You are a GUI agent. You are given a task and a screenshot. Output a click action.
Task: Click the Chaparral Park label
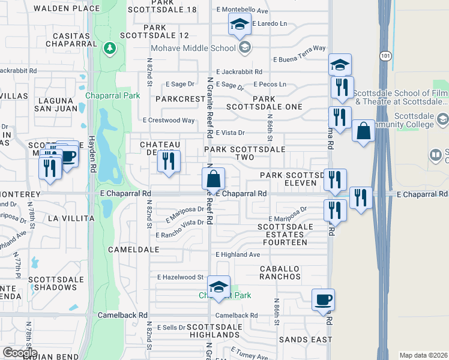[x=113, y=95]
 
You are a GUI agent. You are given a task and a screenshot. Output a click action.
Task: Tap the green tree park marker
[x=109, y=47]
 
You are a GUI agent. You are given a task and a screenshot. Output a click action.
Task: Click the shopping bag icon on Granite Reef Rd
[x=213, y=179]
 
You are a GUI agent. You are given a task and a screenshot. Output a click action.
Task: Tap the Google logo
[x=20, y=353]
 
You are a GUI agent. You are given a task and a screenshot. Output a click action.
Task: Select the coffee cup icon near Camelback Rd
[x=323, y=299]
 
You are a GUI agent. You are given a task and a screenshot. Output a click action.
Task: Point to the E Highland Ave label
[x=238, y=254]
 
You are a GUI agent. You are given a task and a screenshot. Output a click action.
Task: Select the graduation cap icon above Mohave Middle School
[x=239, y=25]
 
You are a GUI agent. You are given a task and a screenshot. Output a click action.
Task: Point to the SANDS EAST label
[x=306, y=340]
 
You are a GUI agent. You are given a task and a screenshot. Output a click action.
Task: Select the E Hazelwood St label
[x=181, y=277]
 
